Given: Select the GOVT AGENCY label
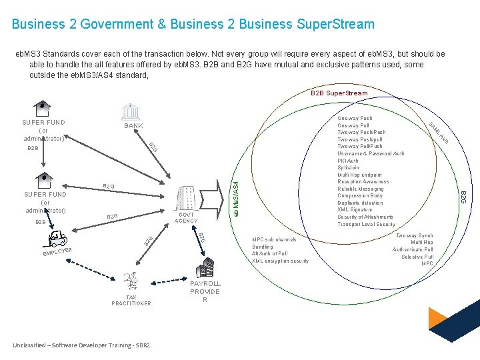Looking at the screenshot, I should [186, 218].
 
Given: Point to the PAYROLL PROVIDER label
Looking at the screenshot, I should [205, 292].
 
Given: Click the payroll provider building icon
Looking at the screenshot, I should [204, 268].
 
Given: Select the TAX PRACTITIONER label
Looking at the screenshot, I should [131, 300].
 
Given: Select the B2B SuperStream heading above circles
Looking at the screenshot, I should [339, 93].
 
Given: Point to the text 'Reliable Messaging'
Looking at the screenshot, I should [361, 189].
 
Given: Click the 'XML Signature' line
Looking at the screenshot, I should [356, 209].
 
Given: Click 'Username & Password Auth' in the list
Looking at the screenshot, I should [371, 153].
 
